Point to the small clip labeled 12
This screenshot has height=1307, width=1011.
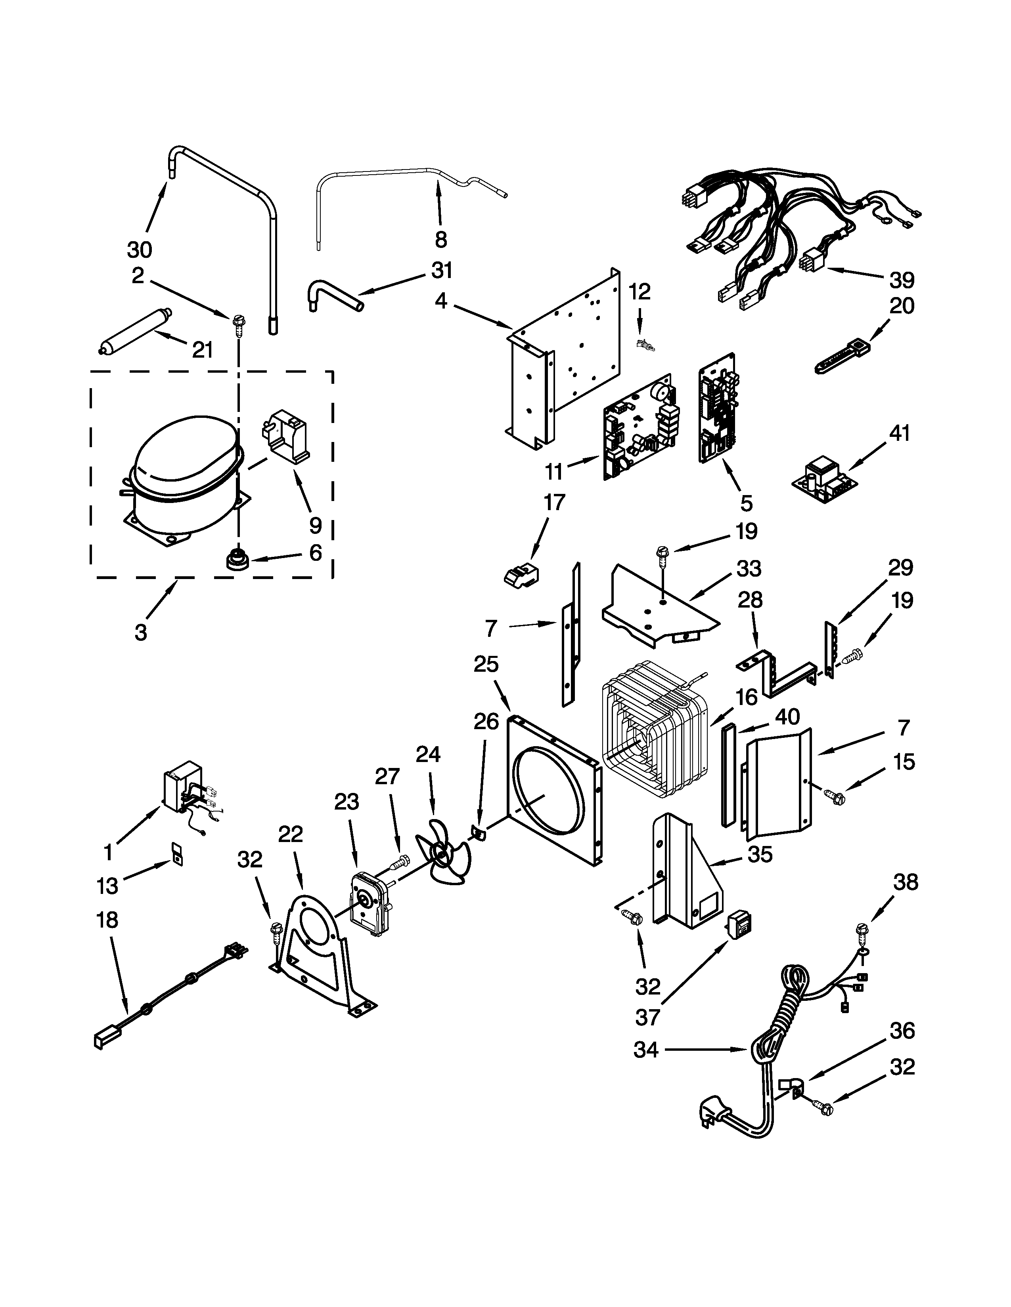coord(644,345)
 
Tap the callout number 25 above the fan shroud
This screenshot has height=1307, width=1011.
coord(486,664)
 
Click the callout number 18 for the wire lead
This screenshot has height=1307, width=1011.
coord(107,920)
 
